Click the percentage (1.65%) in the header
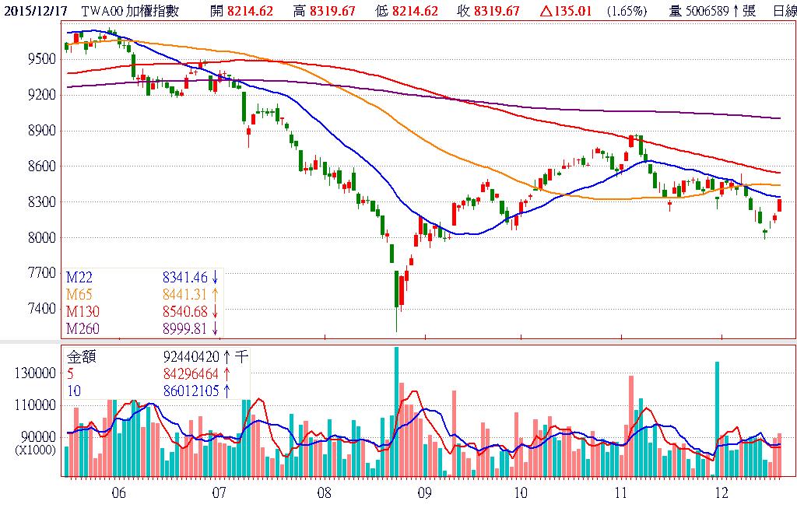click(626, 11)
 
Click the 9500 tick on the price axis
click(40, 59)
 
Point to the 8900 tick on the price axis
click(40, 131)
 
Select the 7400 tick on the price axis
click(40, 309)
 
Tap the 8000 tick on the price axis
click(40, 237)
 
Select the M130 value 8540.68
click(185, 311)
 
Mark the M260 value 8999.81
click(185, 328)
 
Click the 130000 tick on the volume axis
click(37, 373)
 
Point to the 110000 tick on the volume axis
click(37, 405)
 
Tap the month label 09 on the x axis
click(424, 492)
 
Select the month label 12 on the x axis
click(721, 492)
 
